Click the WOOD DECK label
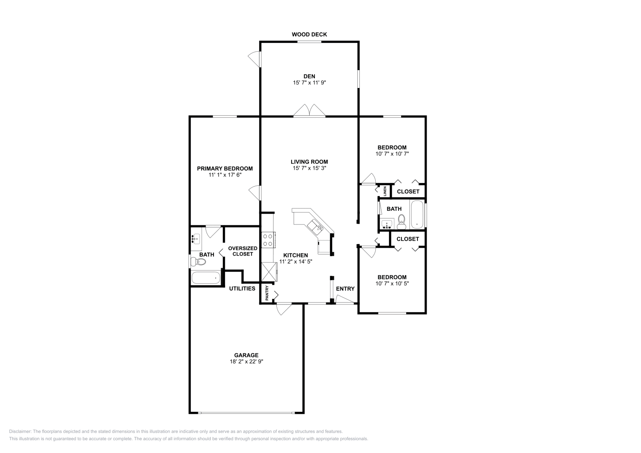click(x=309, y=34)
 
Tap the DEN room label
click(x=309, y=76)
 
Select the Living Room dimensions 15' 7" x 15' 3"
click(x=309, y=168)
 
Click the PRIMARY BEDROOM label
click(x=225, y=168)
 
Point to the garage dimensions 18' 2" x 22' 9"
click(x=246, y=361)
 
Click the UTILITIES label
click(x=242, y=289)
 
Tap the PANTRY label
click(x=267, y=293)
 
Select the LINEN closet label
click(x=385, y=191)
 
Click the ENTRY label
click(x=345, y=289)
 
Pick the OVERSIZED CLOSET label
click(x=243, y=251)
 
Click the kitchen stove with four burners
click(x=268, y=240)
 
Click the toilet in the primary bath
click(x=198, y=261)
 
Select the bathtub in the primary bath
click(x=206, y=278)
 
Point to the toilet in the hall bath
click(x=401, y=222)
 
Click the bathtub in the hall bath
click(x=417, y=214)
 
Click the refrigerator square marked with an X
click(x=269, y=272)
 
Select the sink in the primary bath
click(x=196, y=239)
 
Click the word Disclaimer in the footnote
click(x=20, y=431)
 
